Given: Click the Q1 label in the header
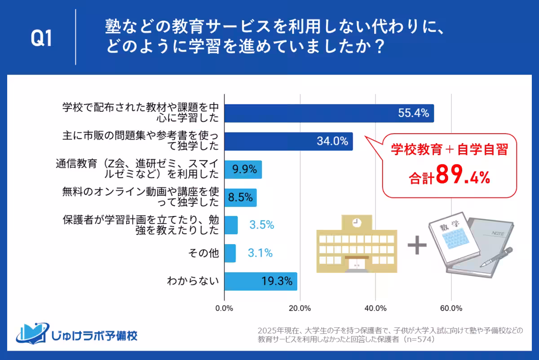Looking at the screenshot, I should pyautogui.click(x=41, y=40).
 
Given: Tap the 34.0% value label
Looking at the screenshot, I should pyautogui.click(x=332, y=141).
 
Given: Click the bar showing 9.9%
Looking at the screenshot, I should pyautogui.click(x=243, y=169).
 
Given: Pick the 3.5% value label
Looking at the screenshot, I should pyautogui.click(x=261, y=225).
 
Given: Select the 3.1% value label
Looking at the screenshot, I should pyautogui.click(x=260, y=253).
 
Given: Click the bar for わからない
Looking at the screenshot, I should pyautogui.click(x=260, y=281).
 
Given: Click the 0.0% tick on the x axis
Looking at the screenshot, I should pyautogui.click(x=224, y=308).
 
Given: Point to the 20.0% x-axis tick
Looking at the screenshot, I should pyautogui.click(x=300, y=308).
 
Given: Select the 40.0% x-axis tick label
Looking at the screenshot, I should pyautogui.click(x=376, y=308).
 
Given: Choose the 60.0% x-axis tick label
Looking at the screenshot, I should pyautogui.click(x=451, y=308).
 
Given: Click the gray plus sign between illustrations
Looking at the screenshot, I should pyautogui.click(x=417, y=246).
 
